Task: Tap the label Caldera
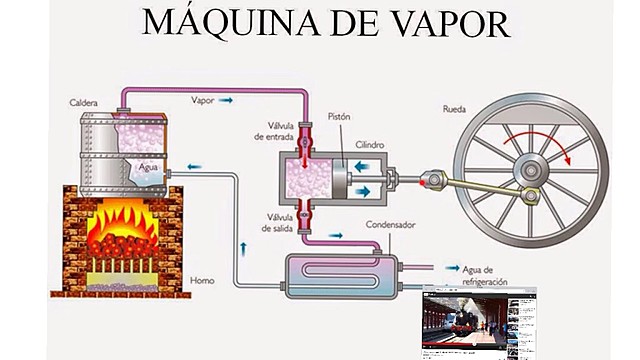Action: (x=85, y=102)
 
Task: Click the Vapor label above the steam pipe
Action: (x=202, y=100)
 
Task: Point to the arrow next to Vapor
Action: (x=228, y=100)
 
